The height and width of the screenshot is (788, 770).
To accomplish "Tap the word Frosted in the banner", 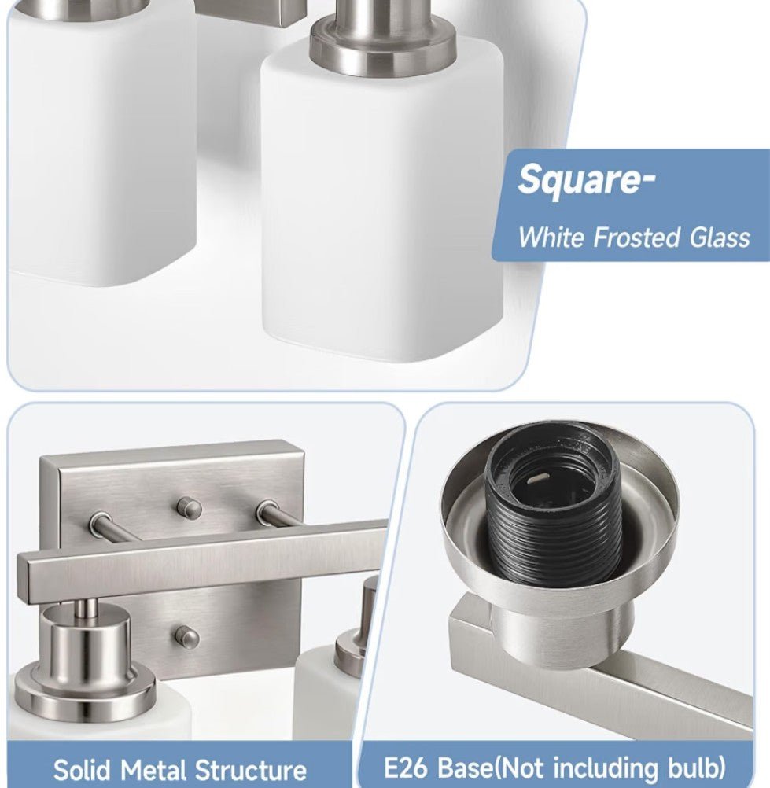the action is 636,237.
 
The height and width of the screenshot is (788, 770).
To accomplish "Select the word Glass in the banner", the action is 719,237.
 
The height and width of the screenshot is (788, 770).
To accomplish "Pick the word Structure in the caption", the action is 250,770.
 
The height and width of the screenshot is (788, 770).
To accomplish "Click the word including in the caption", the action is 610,768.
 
